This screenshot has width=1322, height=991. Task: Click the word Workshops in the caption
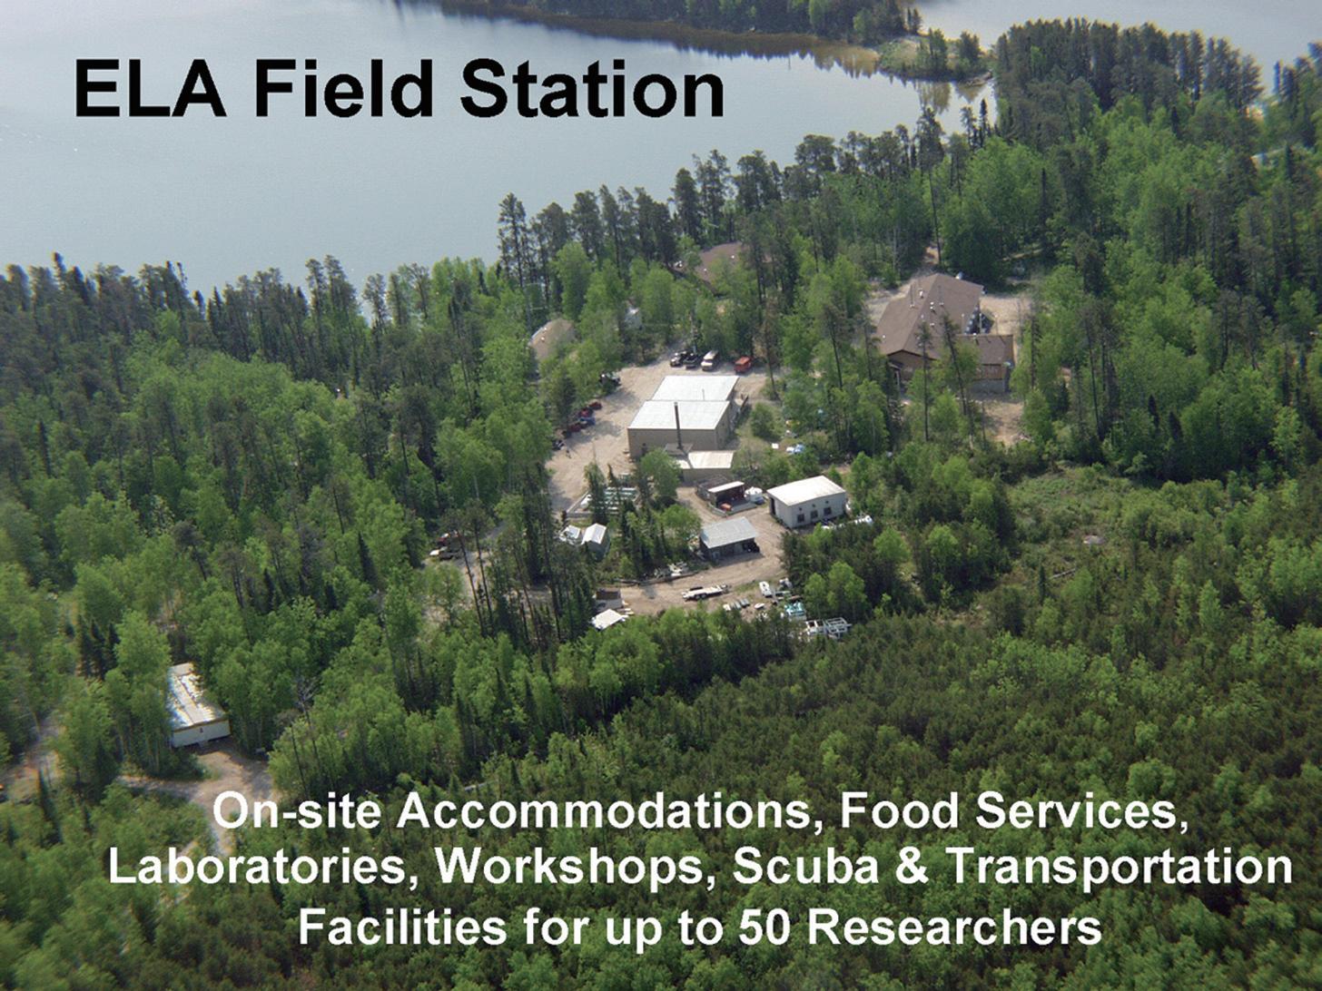[x=575, y=868]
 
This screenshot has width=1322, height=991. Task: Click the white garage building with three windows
[x=807, y=501]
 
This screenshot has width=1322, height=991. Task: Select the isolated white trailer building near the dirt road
[x=196, y=705]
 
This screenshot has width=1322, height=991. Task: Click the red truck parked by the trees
[x=745, y=364]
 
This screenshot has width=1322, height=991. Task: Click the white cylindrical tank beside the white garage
[x=755, y=495]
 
